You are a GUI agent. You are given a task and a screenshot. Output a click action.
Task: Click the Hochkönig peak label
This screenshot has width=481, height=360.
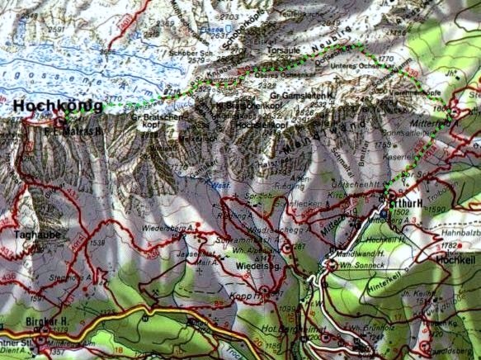[58, 106]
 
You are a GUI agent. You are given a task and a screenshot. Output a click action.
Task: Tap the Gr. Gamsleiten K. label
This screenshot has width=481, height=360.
[304, 97]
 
